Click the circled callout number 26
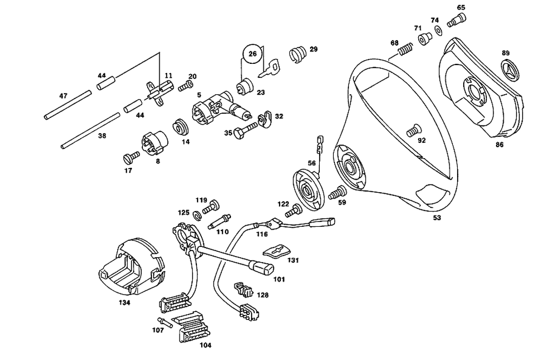click(253, 54)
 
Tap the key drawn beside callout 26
click(269, 68)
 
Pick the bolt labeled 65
click(456, 19)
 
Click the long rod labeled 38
click(90, 130)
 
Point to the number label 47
click(63, 96)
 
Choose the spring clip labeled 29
click(297, 54)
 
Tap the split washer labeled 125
click(197, 215)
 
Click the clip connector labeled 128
click(245, 289)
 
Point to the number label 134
click(124, 303)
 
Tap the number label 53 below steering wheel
click(437, 218)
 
